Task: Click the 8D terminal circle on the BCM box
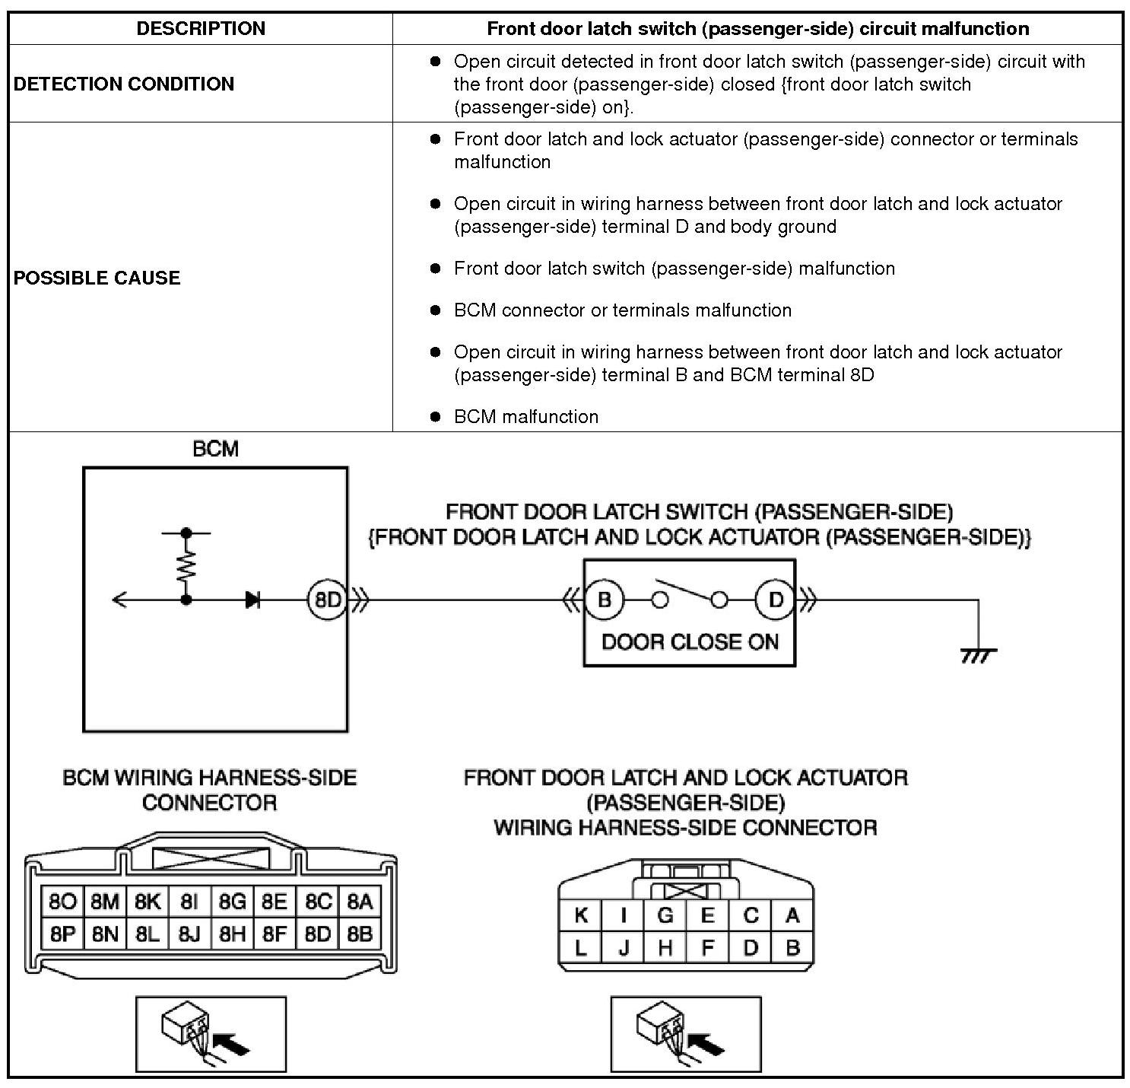click(327, 600)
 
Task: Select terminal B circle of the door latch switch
click(604, 600)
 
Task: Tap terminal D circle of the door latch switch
click(775, 600)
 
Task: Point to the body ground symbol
click(978, 654)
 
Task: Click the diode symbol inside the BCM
click(253, 600)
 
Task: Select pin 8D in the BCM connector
click(318, 934)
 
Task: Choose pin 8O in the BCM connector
click(62, 902)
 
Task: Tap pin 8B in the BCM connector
click(360, 934)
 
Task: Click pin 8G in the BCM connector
click(233, 902)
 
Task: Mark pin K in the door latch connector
click(581, 915)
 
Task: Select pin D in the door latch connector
click(751, 948)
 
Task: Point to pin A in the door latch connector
click(792, 915)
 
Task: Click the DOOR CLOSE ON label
click(690, 642)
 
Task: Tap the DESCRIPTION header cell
click(201, 29)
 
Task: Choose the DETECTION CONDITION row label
click(124, 84)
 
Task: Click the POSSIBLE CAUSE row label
click(97, 278)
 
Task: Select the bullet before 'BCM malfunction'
click(435, 416)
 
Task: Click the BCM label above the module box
click(215, 449)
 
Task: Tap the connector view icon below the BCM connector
click(211, 1034)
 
